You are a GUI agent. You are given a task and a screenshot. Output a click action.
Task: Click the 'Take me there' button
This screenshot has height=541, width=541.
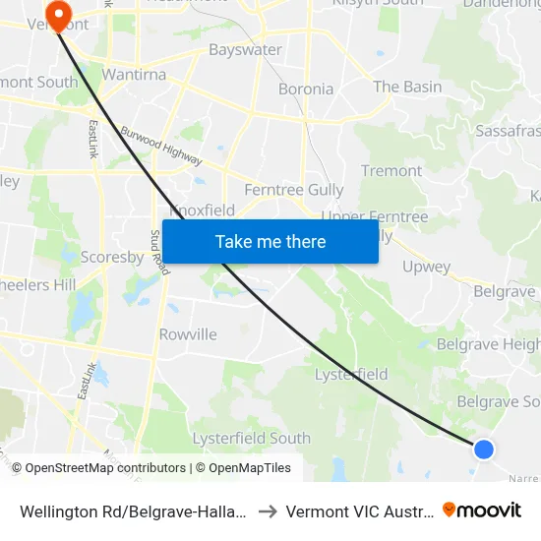[270, 242]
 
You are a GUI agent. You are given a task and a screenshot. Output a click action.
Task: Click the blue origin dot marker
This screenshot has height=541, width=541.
[483, 450]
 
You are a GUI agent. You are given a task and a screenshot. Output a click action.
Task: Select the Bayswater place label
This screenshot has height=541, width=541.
[245, 49]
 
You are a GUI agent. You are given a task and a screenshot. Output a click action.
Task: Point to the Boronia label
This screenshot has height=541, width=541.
[306, 89]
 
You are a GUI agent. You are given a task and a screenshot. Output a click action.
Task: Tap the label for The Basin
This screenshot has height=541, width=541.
[407, 87]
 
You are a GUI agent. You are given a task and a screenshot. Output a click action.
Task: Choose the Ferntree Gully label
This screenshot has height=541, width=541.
[294, 190]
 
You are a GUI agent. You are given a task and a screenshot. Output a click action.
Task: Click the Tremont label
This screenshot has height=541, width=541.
[391, 171]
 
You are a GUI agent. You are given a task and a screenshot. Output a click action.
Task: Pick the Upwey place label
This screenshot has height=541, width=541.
[426, 267]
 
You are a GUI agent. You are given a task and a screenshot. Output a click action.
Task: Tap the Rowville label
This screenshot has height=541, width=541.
[188, 334]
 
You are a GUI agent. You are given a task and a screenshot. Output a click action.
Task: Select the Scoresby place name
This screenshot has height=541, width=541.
[111, 257]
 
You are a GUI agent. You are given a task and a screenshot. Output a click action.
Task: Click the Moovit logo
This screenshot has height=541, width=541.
[482, 511]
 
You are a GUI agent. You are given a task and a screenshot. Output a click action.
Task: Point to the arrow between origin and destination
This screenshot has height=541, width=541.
[267, 511]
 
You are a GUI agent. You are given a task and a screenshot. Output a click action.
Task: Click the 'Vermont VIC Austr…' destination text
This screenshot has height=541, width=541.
[355, 511]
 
